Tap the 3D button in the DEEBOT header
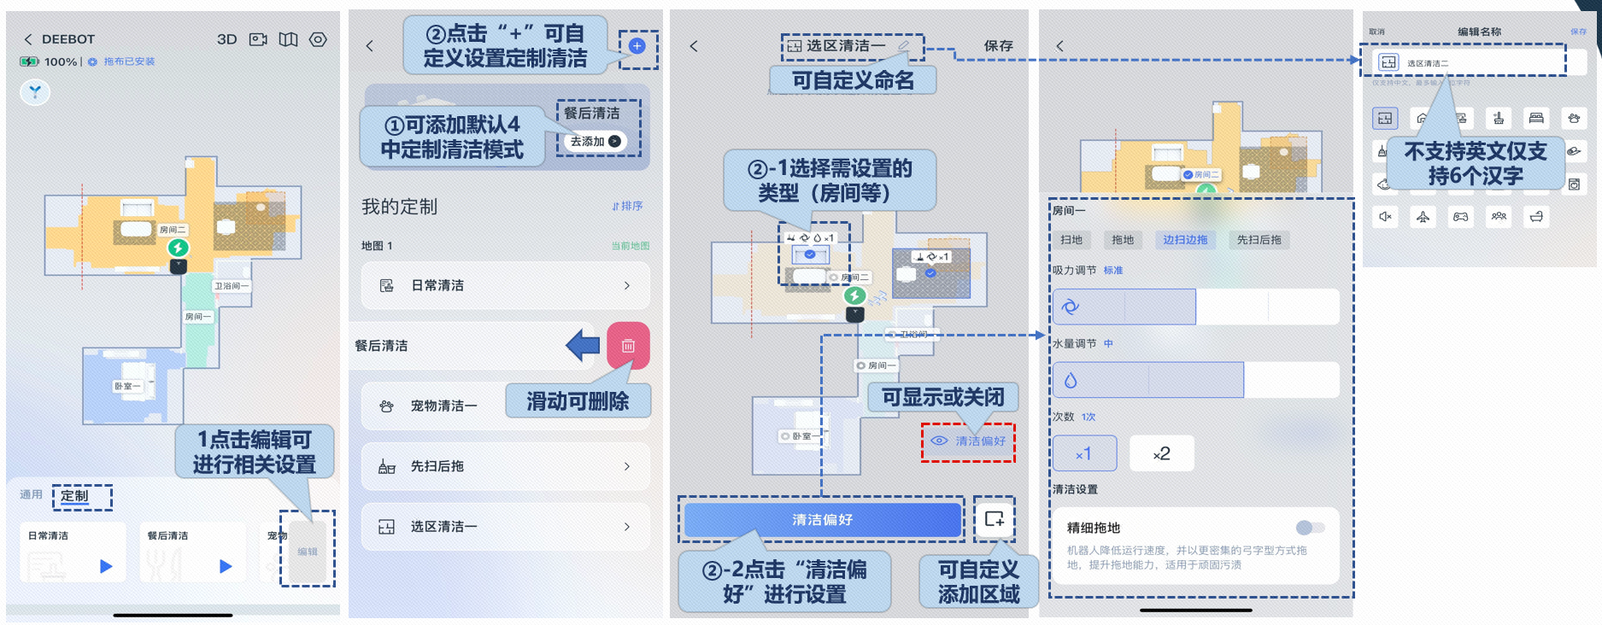coord(226,39)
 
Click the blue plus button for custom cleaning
coord(637,46)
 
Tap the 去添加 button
coord(596,142)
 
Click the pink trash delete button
coord(628,346)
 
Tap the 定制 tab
coord(74,496)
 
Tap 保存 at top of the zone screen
coord(998,45)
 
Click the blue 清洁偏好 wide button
coord(822,519)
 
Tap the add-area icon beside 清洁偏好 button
coord(995,519)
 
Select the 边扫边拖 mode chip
coord(1185,240)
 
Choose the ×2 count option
coord(1161,454)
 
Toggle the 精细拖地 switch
coord(1310,528)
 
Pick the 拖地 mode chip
coord(1123,240)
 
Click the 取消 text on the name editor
coord(1376,32)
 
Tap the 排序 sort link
coord(627,206)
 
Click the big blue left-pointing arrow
coord(583,345)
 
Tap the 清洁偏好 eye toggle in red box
coord(968,441)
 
